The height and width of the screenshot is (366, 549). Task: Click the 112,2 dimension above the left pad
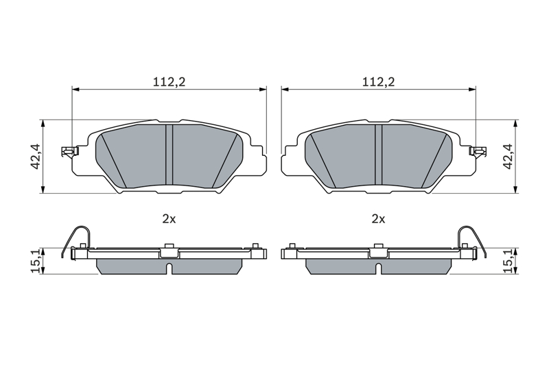169,82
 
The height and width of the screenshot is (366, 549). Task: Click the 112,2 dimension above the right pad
378,82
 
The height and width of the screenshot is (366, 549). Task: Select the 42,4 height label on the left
36,157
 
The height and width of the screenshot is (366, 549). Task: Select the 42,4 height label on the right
508,157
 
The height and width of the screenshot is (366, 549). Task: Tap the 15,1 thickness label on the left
36,261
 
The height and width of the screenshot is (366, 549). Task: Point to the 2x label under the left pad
169,219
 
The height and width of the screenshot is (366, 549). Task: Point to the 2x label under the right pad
378,219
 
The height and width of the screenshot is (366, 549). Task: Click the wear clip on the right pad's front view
478,151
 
